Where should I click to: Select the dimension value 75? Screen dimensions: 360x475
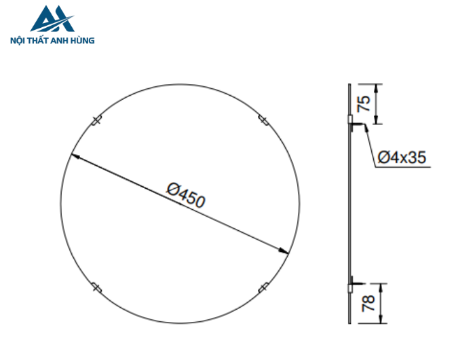[364, 104]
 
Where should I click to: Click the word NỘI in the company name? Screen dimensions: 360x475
[20, 40]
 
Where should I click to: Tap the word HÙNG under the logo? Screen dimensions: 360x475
[83, 40]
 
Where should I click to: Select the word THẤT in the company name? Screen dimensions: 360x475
[41, 40]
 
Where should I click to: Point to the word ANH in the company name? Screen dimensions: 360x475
[63, 40]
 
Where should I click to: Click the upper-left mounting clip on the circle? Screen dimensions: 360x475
[96, 121]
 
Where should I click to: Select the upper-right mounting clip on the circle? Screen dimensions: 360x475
[263, 121]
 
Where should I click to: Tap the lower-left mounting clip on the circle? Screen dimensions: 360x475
[96, 287]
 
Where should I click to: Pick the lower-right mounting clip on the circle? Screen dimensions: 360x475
[263, 287]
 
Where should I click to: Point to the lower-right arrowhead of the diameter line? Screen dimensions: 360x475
[285, 251]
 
